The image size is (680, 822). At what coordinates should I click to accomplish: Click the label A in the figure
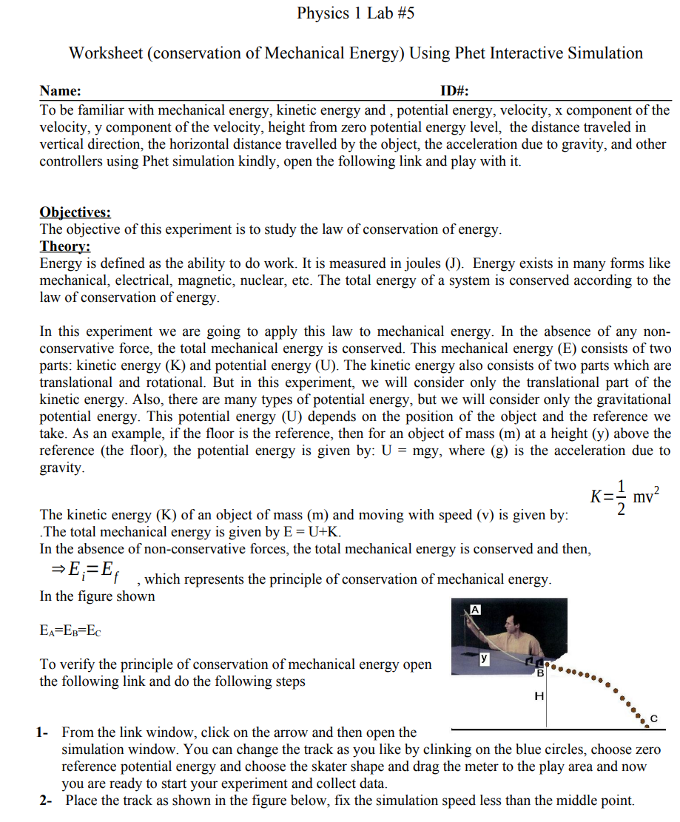(x=477, y=610)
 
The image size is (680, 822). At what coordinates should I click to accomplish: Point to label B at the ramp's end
(x=540, y=673)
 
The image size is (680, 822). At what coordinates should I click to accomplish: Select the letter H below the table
(x=539, y=695)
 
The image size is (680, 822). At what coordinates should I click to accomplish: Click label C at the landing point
(x=653, y=718)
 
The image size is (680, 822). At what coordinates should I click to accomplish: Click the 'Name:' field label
(x=61, y=91)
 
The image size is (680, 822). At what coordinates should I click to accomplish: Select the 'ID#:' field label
(x=455, y=91)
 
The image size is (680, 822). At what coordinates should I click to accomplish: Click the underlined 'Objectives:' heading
(x=75, y=212)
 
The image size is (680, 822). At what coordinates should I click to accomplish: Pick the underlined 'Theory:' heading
(x=64, y=246)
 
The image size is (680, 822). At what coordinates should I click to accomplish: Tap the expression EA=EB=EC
(x=71, y=630)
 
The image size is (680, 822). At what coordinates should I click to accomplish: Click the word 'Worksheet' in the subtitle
(x=104, y=53)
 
